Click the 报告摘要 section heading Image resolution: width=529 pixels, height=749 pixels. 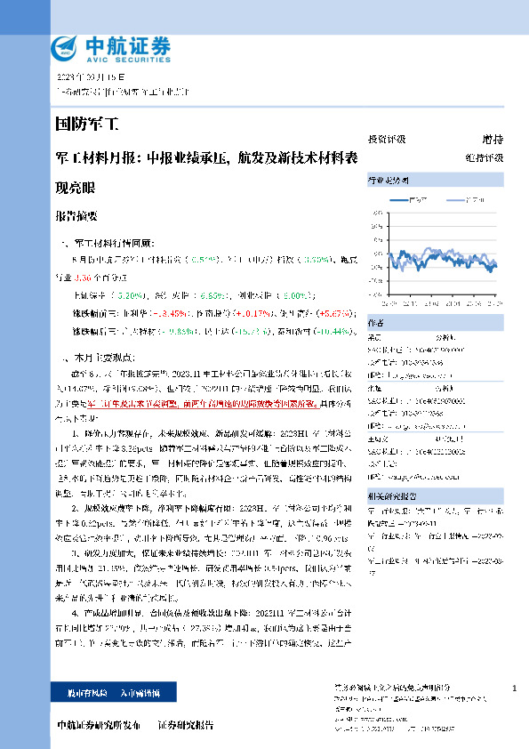pos(76,216)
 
